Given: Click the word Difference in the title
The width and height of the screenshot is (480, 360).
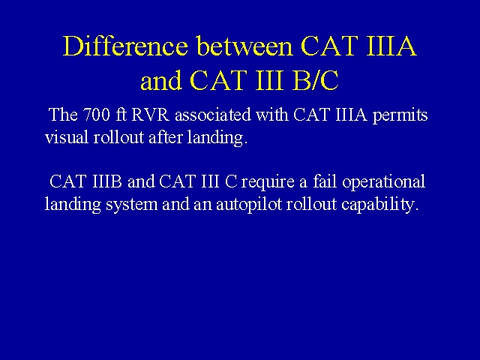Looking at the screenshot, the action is coord(125,46).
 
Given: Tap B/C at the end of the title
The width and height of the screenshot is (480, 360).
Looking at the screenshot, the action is coord(316,80).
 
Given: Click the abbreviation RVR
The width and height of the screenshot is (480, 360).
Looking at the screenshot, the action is coord(150,115).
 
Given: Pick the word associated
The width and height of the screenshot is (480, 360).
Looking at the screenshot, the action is coord(213,115).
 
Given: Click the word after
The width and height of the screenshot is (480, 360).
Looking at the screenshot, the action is coord(166,136).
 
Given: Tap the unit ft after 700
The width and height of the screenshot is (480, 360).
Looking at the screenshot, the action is coord(121,115).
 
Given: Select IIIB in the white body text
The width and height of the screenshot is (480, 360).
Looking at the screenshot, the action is coord(106,181).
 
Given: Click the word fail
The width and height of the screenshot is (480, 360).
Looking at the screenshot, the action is coord(325,181).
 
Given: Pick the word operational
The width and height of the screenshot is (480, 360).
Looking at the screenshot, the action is coord(383,182).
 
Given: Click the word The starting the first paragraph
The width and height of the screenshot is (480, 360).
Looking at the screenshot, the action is coord(63,115).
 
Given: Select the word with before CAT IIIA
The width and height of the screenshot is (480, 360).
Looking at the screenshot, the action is coord(272,115).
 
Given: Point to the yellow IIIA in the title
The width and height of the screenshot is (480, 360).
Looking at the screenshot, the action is coord(391,46).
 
